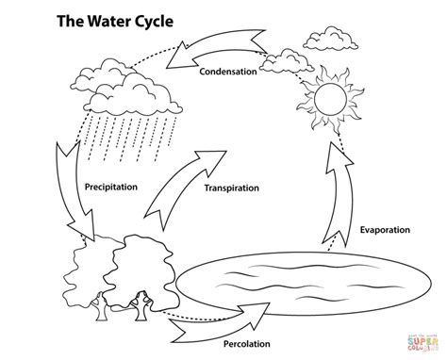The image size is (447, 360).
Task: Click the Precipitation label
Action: point(111,187)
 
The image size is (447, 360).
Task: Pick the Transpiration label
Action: point(231,188)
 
